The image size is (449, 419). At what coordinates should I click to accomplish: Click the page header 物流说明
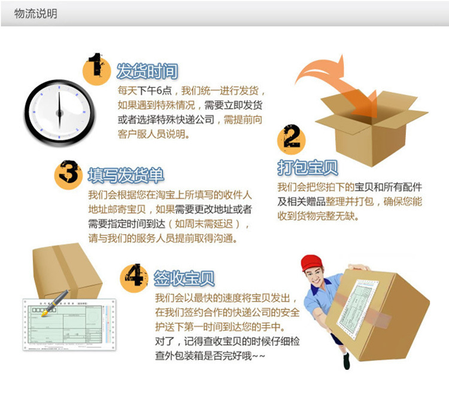35,13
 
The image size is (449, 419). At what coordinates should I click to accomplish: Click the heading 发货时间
147,71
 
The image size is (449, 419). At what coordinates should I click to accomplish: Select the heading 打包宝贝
308,167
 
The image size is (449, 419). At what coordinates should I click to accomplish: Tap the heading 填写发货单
126,175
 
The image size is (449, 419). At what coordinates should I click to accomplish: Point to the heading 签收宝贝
184,278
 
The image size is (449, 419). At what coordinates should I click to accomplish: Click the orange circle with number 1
96,69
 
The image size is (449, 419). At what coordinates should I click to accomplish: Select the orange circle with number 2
292,139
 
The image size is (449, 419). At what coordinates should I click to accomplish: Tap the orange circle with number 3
68,174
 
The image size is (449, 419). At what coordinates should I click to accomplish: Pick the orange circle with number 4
134,278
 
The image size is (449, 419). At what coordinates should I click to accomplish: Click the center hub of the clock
59,113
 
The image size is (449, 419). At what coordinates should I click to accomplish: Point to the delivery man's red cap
311,262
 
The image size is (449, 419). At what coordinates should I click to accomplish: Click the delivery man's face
314,277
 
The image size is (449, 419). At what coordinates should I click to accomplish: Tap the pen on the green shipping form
55,303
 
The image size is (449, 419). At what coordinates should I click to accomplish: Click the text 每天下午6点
145,91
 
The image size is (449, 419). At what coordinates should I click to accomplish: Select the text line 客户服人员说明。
153,134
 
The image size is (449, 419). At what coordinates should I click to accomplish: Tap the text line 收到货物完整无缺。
318,215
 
